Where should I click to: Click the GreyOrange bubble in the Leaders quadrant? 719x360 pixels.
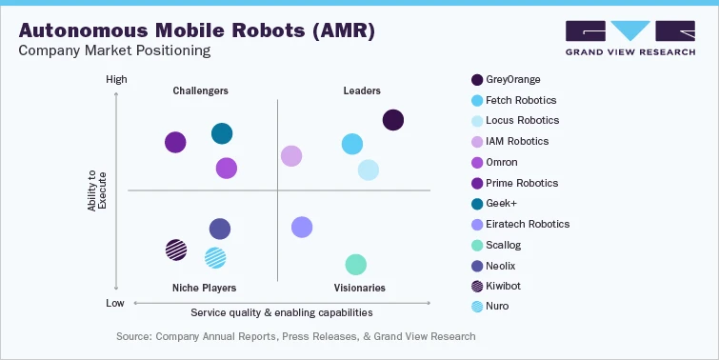pyautogui.click(x=393, y=120)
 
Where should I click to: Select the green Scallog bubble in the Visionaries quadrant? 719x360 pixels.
pyautogui.click(x=355, y=265)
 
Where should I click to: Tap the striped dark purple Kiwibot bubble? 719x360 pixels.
pyautogui.click(x=176, y=250)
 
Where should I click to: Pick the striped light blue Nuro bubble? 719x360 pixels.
pyautogui.click(x=215, y=256)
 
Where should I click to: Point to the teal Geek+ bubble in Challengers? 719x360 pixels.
pyautogui.click(x=221, y=134)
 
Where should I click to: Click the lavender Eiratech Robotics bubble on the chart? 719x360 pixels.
pyautogui.click(x=302, y=227)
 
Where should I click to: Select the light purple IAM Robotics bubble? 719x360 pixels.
pyautogui.click(x=291, y=156)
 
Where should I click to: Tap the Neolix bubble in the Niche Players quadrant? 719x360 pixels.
pyautogui.click(x=220, y=229)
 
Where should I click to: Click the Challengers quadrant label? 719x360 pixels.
pyautogui.click(x=200, y=91)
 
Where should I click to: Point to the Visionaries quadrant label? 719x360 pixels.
pyautogui.click(x=359, y=288)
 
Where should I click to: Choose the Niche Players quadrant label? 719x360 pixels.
pyautogui.click(x=204, y=288)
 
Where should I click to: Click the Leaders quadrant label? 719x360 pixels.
pyautogui.click(x=362, y=91)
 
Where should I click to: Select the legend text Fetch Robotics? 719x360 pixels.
pyautogui.click(x=521, y=100)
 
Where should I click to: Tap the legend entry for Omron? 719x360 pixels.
pyautogui.click(x=501, y=162)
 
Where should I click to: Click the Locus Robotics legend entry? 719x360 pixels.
pyautogui.click(x=522, y=121)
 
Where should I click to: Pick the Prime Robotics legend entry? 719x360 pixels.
pyautogui.click(x=522, y=183)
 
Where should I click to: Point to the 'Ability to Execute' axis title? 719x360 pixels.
pyautogui.click(x=97, y=190)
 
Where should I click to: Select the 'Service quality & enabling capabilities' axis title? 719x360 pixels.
pyautogui.click(x=281, y=312)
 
